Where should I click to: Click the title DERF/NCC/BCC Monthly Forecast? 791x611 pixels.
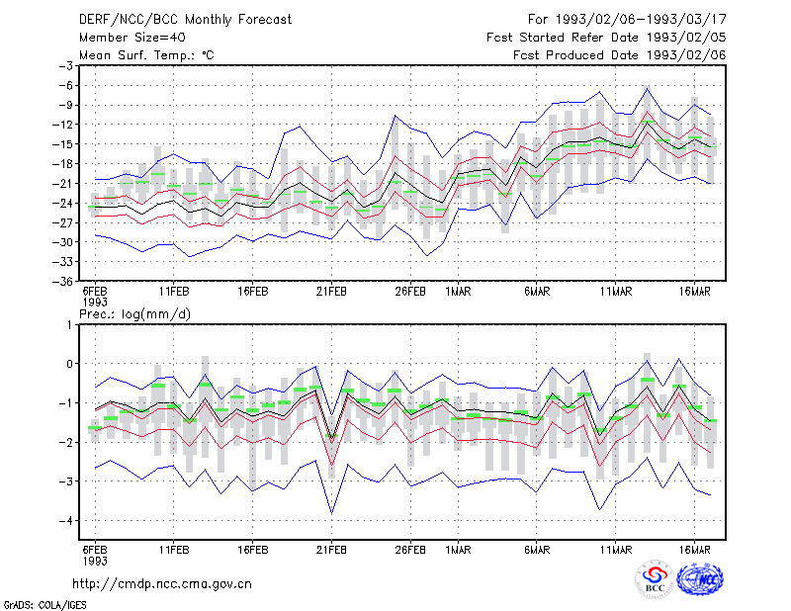coord(185,20)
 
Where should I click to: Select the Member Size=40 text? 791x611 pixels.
coord(132,38)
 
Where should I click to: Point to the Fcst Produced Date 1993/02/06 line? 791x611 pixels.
coord(620,55)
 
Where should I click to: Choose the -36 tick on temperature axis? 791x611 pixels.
coord(63,281)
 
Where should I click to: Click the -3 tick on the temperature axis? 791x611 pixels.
coord(66,65)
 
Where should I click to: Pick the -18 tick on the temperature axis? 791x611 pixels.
coord(63,164)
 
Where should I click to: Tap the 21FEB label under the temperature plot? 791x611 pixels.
coord(331,292)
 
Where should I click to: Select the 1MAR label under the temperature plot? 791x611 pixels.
coord(458,292)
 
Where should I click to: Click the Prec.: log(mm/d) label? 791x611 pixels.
coord(135,314)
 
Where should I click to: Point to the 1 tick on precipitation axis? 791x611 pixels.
coord(69,324)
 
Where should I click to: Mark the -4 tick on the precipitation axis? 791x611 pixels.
coord(66,521)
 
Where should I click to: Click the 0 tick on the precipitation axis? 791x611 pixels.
coord(69,364)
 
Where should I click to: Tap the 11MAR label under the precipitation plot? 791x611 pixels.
coord(616,550)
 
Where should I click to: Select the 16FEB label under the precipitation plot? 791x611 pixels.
coord(253,550)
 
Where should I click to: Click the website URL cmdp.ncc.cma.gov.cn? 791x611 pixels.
coord(162,584)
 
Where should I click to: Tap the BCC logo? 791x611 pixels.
coord(655,580)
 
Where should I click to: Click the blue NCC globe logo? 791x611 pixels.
coord(700,579)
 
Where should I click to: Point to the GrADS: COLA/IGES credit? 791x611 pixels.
coord(44,605)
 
